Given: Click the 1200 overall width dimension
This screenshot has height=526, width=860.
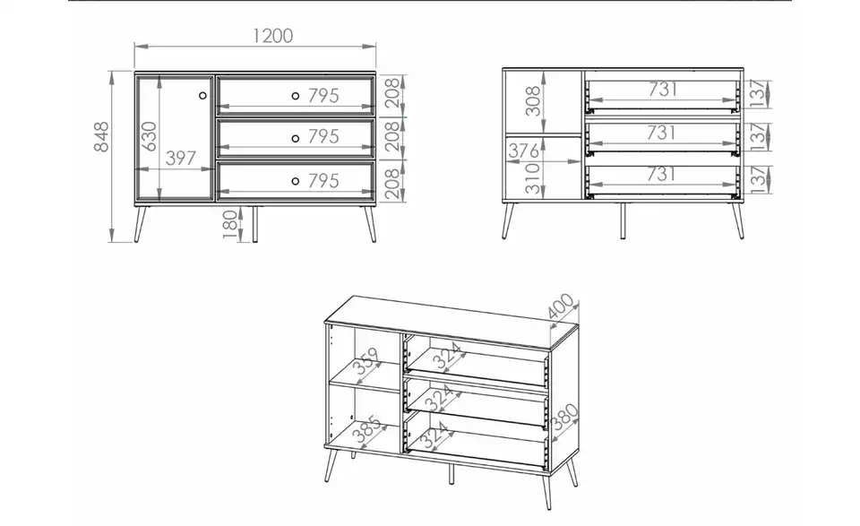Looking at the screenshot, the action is click(273, 36).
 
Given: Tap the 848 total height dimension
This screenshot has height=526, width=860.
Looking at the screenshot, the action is click(101, 136).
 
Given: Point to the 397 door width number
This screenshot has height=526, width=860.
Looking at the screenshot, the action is click(180, 158).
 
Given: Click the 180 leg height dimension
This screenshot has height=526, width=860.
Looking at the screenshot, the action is click(231, 225).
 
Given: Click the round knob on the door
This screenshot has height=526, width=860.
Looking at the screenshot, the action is click(202, 96).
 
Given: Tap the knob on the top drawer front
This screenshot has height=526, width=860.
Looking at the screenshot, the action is click(295, 96).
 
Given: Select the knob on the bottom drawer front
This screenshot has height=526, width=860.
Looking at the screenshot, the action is click(295, 181).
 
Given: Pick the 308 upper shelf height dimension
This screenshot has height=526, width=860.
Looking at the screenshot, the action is click(532, 101).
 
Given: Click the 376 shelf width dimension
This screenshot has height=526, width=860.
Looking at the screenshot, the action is click(523, 151).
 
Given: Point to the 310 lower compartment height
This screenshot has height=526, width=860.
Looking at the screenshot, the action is click(532, 178).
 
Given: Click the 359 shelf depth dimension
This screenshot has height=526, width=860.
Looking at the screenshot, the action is click(367, 360).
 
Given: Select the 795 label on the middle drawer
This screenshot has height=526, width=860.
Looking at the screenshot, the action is click(323, 136).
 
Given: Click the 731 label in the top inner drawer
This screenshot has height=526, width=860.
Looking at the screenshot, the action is click(663, 89).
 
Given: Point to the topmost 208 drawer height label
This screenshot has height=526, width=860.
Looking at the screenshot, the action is click(391, 92).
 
